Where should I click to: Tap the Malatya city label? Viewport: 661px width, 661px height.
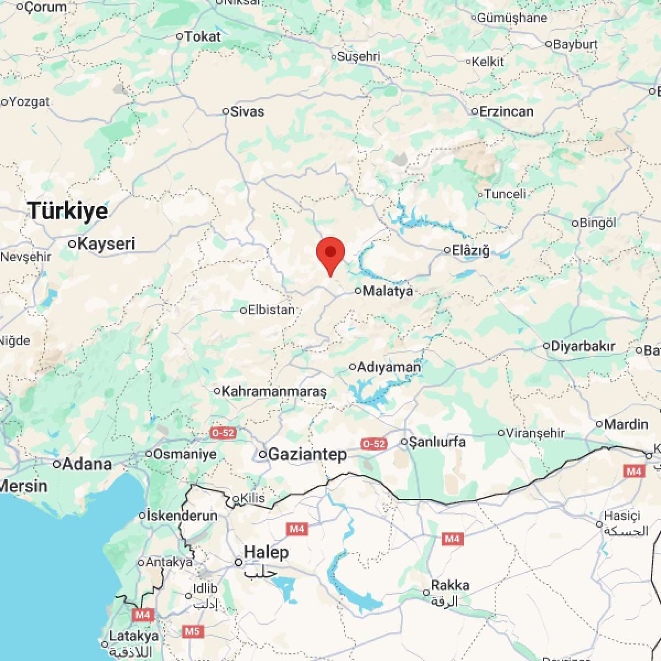388,291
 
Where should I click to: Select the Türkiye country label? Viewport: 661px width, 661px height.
68,210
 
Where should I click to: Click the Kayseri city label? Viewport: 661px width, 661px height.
106,243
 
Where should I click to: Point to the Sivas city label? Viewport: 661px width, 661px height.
247,111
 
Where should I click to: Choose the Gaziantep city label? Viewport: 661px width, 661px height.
307,454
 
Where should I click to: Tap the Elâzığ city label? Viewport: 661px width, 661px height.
470,251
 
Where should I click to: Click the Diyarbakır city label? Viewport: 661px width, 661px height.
582,346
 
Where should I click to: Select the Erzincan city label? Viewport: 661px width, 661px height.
506,111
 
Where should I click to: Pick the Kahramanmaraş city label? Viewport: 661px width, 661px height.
274,391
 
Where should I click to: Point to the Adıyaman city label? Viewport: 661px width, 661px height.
388,367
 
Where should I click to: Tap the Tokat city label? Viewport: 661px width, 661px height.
202,36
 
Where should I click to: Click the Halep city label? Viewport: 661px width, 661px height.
266,552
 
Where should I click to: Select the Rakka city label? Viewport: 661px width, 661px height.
450,586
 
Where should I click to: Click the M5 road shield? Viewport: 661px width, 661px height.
192,631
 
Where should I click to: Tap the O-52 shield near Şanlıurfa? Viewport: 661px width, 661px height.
373,443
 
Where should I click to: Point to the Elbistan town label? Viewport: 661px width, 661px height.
271,310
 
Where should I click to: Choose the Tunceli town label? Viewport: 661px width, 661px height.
505,194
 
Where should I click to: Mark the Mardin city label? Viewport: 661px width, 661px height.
626,424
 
